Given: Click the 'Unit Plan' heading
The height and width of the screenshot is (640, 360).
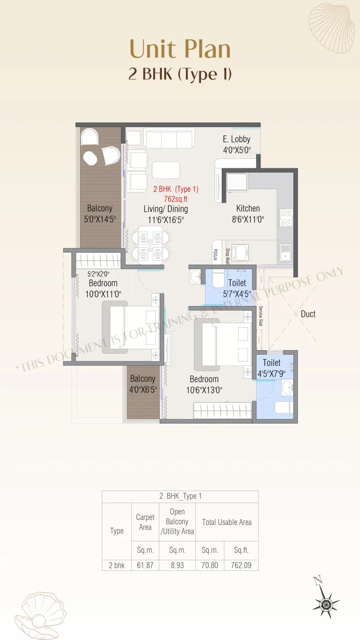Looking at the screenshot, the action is click(x=180, y=49).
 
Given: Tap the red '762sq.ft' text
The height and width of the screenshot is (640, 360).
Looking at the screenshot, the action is click(x=175, y=199).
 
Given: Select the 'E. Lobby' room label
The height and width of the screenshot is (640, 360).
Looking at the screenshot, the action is click(x=237, y=139).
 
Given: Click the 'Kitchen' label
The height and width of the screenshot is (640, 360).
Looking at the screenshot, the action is click(x=248, y=208).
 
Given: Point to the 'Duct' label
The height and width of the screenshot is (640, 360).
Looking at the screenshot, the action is click(x=308, y=314).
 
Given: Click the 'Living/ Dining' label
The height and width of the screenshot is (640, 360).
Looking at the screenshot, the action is click(x=166, y=209).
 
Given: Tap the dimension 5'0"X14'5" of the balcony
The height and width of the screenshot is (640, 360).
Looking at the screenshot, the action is click(x=100, y=220).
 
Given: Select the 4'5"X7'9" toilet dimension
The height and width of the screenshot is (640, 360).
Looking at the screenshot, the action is click(x=271, y=374).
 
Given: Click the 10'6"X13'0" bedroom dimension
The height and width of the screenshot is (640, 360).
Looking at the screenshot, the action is click(x=204, y=390).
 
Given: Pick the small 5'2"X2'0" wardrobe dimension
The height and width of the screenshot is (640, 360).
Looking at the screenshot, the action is click(x=98, y=274).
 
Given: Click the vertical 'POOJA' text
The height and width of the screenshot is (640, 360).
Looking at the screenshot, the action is click(x=216, y=255).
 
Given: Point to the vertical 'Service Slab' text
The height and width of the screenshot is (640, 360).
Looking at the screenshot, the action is click(x=261, y=315).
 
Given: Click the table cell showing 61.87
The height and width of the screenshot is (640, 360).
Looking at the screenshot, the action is click(x=145, y=565).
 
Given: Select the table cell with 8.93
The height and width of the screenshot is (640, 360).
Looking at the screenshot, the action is click(x=177, y=565).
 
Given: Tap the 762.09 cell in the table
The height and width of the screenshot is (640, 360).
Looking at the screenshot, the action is click(x=241, y=565).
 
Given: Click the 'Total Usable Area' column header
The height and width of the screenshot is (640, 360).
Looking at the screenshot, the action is click(x=227, y=522).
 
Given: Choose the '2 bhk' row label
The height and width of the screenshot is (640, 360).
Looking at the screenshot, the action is click(x=117, y=565).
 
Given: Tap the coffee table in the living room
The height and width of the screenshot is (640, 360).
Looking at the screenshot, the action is click(x=166, y=170).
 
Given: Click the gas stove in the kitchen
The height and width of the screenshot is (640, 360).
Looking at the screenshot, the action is click(x=286, y=217).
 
